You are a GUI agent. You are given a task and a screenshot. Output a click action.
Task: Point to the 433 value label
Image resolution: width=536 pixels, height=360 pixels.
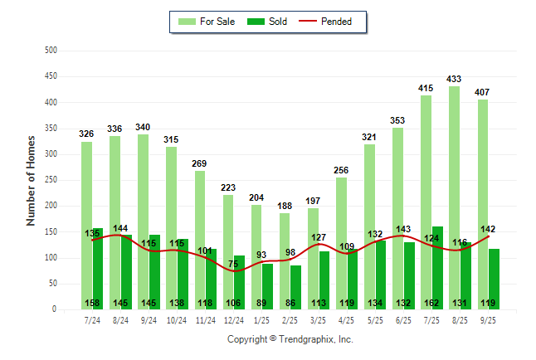tap(454, 80)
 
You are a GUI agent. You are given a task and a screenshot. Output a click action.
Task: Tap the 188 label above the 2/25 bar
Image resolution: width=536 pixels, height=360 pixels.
tap(285, 207)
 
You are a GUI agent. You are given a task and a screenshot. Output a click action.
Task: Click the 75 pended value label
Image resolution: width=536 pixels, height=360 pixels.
tap(235, 264)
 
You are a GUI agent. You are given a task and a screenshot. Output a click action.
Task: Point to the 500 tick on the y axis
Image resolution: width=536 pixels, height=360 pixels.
tap(51, 51)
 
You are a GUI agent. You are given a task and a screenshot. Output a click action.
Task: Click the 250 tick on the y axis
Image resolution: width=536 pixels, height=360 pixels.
tap(51, 180)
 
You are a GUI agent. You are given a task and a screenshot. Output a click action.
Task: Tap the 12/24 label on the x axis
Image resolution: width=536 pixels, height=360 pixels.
tap(234, 320)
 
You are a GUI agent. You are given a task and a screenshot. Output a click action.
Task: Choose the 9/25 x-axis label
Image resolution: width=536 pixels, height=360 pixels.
tap(489, 320)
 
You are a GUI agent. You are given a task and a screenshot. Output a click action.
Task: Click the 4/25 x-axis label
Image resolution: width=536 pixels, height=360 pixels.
tap(347, 320)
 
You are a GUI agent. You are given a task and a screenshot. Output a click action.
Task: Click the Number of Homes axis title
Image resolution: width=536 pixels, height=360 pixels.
tap(31, 180)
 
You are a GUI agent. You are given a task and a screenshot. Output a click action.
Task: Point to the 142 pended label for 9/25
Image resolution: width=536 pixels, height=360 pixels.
tap(488, 229)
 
